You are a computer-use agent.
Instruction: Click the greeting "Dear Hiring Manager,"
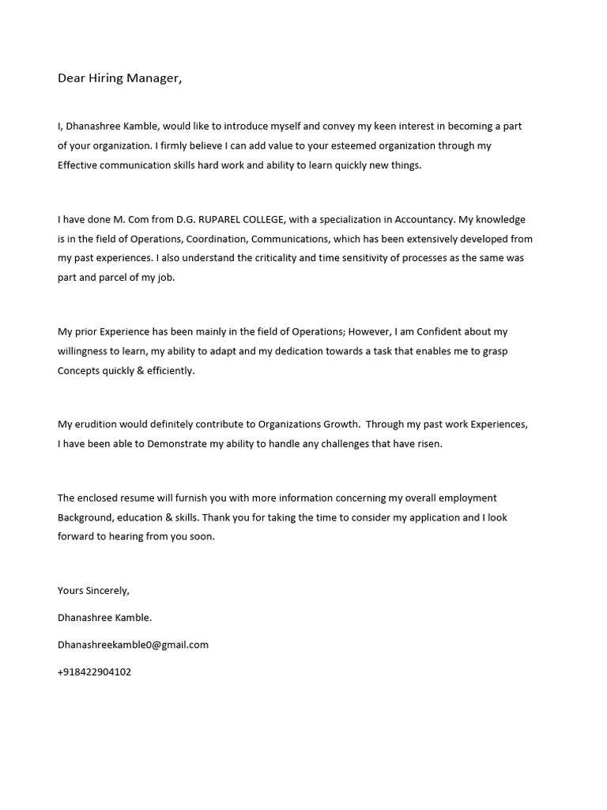(119, 78)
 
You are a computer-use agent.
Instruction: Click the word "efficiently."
(171, 370)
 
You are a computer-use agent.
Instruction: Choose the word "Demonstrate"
(176, 444)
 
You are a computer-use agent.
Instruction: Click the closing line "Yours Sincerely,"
(93, 590)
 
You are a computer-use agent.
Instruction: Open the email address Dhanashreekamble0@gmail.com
(133, 645)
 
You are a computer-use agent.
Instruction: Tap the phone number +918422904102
(94, 672)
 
